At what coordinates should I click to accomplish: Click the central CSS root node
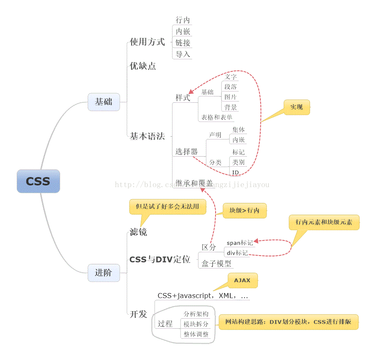click(38, 181)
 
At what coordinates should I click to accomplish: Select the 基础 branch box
click(104, 101)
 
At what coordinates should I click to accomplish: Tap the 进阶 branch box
click(104, 273)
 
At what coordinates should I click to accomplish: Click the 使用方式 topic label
click(147, 42)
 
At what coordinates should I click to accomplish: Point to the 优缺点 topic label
click(142, 66)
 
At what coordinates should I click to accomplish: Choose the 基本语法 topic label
click(147, 136)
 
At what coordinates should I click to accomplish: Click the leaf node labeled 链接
click(183, 43)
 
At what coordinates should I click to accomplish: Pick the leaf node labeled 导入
click(183, 54)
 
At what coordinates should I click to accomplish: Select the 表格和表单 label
click(217, 117)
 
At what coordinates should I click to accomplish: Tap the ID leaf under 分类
click(235, 172)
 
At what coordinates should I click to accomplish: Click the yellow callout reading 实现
click(297, 107)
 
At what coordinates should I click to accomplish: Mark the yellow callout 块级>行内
click(244, 210)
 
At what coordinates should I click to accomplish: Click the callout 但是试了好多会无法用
click(168, 206)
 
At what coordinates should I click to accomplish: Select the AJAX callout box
click(242, 280)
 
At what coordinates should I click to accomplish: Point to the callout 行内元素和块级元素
click(324, 222)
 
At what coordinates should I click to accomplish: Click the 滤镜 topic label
click(138, 232)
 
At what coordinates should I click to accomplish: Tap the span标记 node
click(239, 243)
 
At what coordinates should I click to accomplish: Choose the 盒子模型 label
click(216, 263)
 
